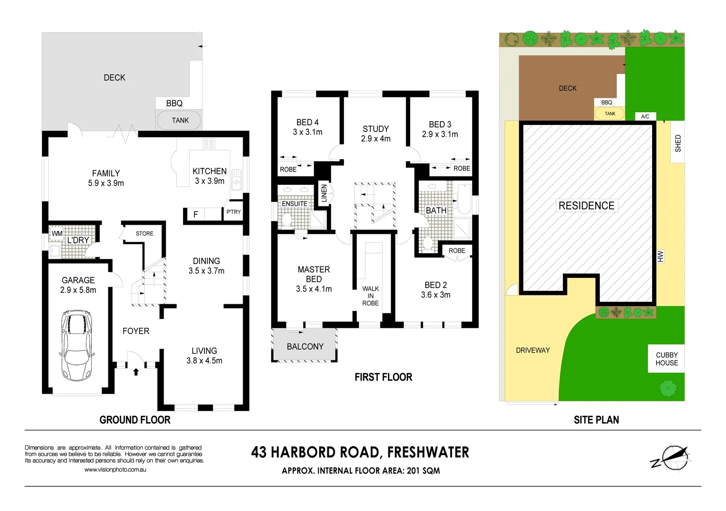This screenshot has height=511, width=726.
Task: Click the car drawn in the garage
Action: (x=77, y=345)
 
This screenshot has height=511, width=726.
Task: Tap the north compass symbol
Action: (x=673, y=458)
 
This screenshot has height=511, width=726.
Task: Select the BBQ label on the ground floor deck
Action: (x=174, y=103)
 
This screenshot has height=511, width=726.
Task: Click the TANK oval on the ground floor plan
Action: (x=179, y=120)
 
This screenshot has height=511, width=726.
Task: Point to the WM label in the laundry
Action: (x=57, y=233)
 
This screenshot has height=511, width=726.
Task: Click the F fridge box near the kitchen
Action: (x=195, y=214)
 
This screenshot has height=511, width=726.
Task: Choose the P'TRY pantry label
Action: (x=233, y=212)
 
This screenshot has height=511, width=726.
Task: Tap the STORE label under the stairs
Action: (x=144, y=234)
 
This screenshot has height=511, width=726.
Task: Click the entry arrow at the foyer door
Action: (x=136, y=372)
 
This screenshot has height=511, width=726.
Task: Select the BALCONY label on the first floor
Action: (x=305, y=347)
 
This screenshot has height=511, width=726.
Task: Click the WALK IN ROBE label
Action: (x=370, y=296)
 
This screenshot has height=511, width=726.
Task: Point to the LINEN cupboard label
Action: (x=324, y=194)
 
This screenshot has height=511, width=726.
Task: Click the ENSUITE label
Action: (x=295, y=204)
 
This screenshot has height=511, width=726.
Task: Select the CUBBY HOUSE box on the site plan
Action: (x=666, y=359)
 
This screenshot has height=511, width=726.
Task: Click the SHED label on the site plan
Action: (x=678, y=143)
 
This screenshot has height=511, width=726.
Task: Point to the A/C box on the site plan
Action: (x=645, y=116)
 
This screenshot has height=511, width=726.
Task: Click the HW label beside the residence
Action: (x=660, y=256)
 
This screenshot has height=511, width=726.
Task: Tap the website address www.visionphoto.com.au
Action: (x=115, y=470)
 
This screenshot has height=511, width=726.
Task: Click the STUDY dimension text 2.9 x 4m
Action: (x=376, y=139)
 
